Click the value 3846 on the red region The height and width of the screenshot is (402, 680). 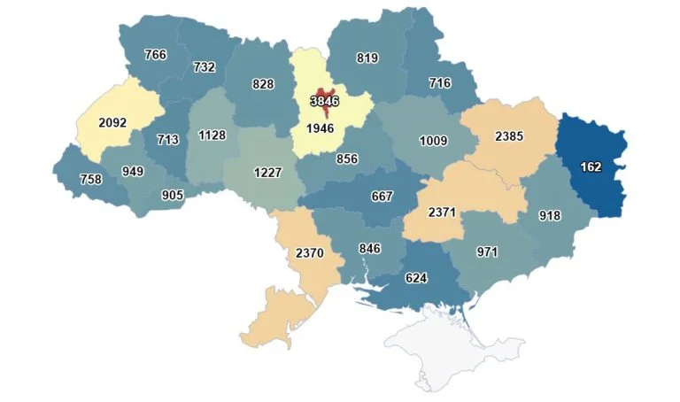click(324, 101)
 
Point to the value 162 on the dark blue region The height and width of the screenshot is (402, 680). click(591, 166)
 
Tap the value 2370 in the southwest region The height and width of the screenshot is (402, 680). click(309, 252)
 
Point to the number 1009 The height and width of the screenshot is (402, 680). click(433, 140)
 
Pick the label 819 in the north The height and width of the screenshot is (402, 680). click(367, 58)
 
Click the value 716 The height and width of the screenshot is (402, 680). click(439, 83)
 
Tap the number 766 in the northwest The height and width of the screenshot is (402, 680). click(155, 55)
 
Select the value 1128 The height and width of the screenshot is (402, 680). click(212, 135)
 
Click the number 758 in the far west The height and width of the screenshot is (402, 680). click(90, 179)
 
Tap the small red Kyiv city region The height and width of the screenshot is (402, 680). click(324, 92)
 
